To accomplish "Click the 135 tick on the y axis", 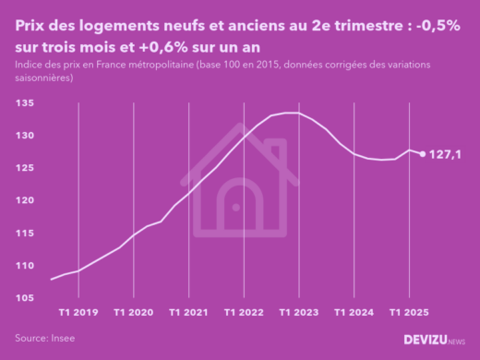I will coord(26,103).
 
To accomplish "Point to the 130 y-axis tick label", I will coord(26,136).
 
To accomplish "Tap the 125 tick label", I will coord(26,168).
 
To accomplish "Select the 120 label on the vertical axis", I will coord(26,200).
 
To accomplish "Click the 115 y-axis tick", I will coord(26,233).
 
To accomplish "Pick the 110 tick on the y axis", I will coord(26,265).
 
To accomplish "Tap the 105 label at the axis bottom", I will coord(26,297).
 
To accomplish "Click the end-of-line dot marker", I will coord(423,154).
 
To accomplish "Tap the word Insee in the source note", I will coord(62,339).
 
